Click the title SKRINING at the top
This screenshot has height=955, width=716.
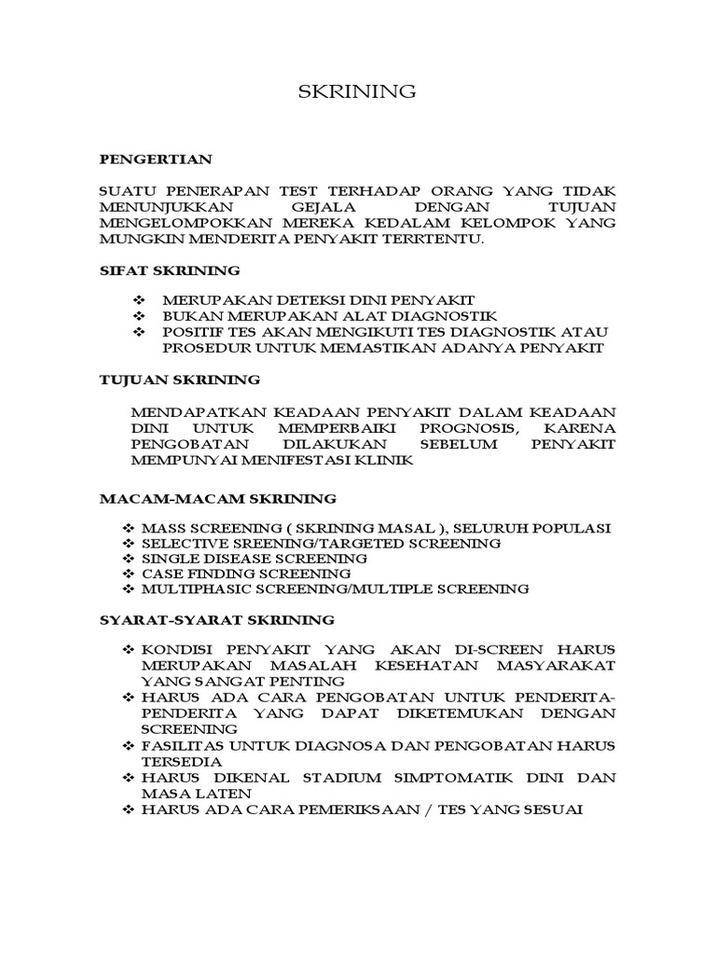(357, 91)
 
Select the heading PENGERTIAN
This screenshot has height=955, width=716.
(157, 159)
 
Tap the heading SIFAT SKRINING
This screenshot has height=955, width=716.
(170, 270)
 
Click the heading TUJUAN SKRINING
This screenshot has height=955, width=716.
(180, 381)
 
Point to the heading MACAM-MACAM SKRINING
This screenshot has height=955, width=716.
(218, 499)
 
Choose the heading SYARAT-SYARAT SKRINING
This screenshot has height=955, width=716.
(216, 619)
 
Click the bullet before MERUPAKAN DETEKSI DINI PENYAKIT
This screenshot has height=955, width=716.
(140, 299)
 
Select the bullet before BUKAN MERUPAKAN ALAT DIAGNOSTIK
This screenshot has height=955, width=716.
(140, 315)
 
